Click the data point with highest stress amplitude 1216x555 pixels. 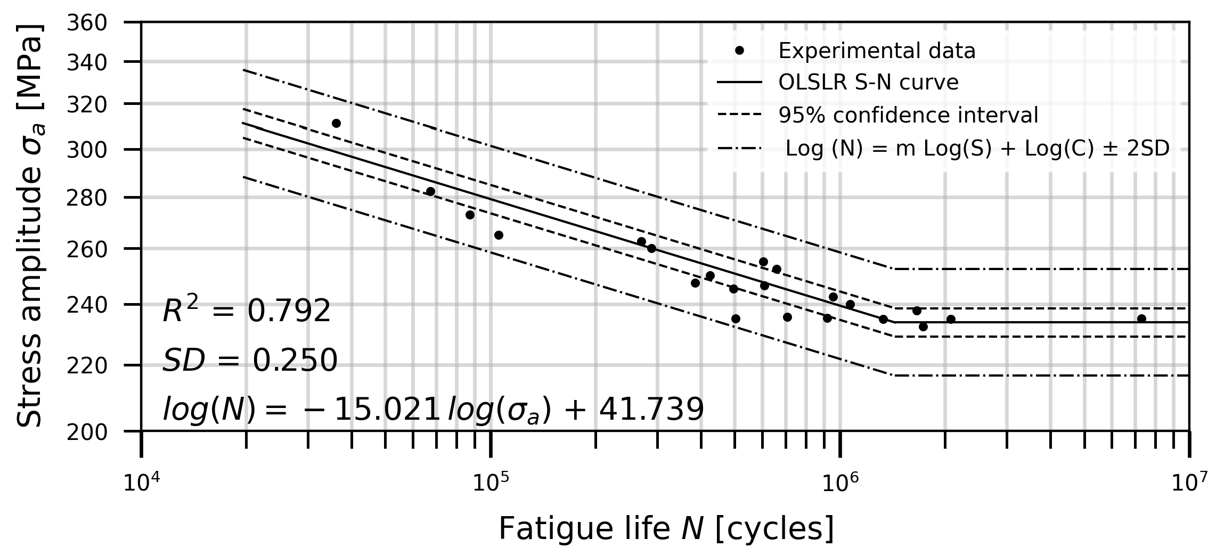(336, 123)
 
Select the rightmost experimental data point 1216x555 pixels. (1141, 319)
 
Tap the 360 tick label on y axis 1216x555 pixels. (87, 23)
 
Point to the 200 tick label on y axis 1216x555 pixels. (87, 432)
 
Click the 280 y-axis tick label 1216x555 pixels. (87, 198)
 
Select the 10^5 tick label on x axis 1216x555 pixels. (491, 483)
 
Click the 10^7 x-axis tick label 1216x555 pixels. (1189, 483)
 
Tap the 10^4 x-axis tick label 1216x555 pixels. (141, 483)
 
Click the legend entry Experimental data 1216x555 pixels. (877, 51)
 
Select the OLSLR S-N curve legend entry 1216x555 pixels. (868, 83)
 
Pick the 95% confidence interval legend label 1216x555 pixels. (908, 116)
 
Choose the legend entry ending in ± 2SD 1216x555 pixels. (977, 149)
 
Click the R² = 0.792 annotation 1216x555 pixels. (247, 311)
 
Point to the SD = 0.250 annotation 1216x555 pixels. (250, 361)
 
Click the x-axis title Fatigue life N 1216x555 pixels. (666, 529)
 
